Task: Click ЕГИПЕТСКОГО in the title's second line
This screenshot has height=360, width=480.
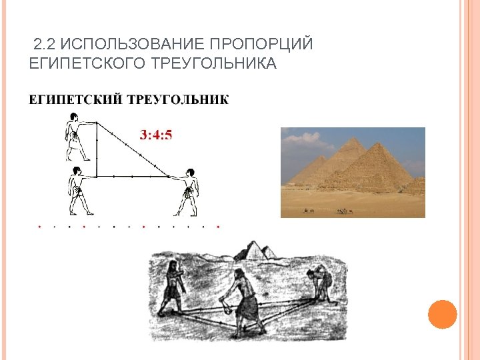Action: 79,64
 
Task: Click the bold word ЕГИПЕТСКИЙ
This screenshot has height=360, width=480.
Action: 75,101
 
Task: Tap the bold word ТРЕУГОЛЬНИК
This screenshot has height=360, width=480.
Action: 178,101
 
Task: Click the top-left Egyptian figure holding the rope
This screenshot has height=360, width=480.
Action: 75,137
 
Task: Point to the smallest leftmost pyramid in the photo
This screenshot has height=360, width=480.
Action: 301,173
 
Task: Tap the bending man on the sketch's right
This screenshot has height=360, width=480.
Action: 320,280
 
